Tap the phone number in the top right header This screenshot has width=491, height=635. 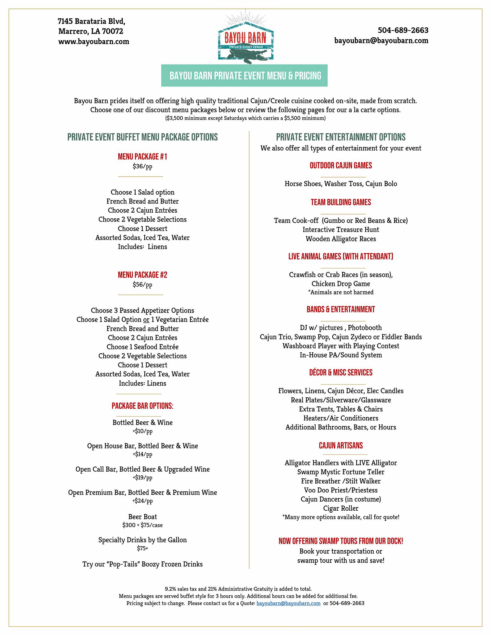pos(403,30)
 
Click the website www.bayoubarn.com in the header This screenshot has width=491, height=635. pos(94,42)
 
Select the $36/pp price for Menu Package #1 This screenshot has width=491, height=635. pos(142,167)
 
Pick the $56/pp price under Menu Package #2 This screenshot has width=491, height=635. pos(142,285)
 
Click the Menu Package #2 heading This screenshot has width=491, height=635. pos(142,275)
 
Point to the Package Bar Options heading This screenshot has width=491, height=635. pos(142,406)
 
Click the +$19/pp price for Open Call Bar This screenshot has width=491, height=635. pos(142,478)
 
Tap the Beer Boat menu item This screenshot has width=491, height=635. pos(142,517)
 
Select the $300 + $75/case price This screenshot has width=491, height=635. pos(142,525)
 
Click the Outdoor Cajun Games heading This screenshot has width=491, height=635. pos(341,166)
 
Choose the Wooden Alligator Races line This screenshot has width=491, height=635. pos(341,239)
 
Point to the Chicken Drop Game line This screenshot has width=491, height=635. pos(341,284)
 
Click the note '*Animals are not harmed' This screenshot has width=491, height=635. pos(341,292)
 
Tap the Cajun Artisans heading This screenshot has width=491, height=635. pos(341,446)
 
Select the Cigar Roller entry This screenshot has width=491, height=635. pos(341,508)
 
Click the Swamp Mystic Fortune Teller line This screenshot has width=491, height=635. pos(341,472)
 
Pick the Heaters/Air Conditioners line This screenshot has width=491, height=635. pos(341,418)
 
